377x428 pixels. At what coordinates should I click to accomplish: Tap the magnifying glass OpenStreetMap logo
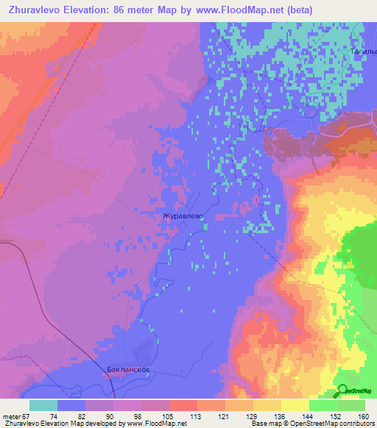342,390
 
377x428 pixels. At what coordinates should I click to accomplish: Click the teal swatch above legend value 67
43,405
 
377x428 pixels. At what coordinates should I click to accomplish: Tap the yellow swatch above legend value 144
295,405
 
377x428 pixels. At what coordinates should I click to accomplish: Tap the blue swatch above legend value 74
71,405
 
